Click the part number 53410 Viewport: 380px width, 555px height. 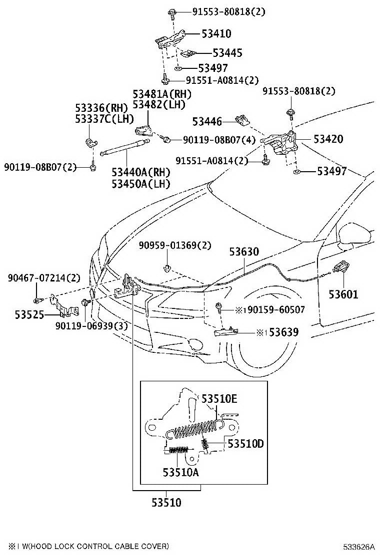[216, 34]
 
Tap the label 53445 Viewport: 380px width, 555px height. [227, 53]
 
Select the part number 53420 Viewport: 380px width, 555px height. [328, 139]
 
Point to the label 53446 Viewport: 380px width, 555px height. [207, 122]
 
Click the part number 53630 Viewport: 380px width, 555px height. [244, 252]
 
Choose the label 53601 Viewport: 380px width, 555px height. [343, 294]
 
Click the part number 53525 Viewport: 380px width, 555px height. [29, 314]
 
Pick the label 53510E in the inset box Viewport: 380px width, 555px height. [219, 399]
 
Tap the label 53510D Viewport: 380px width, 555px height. [245, 444]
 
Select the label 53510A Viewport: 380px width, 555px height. [180, 472]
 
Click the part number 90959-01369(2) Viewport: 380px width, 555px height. [175, 245]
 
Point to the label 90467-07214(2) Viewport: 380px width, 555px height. [44, 278]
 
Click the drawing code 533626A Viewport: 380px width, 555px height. [358, 546]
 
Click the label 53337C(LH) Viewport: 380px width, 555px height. [104, 119]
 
